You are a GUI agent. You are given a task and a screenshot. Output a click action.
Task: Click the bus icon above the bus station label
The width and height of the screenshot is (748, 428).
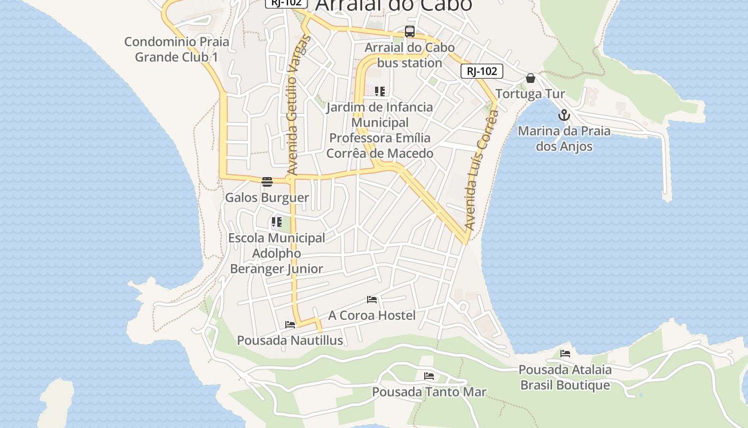coord(409,32)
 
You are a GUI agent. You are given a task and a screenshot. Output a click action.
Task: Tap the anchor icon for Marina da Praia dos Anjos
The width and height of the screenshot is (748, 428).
coord(564,115)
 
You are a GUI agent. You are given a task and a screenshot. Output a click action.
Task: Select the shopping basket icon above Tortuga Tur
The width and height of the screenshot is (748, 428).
coord(531,78)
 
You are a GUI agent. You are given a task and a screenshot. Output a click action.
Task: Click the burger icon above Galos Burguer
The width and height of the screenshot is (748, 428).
coord(267,182)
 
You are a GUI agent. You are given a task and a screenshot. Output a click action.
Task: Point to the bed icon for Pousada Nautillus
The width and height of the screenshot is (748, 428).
coord(290,325)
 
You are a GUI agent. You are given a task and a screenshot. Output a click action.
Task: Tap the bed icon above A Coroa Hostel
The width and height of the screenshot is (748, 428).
coord(372,300)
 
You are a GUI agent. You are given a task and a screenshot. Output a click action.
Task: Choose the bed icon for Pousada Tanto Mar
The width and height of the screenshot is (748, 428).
coord(429,376)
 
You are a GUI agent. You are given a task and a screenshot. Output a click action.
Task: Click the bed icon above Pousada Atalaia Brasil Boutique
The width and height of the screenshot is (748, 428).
coord(565,354)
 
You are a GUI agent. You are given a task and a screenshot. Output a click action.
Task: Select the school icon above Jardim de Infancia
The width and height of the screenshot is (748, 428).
coord(380,91)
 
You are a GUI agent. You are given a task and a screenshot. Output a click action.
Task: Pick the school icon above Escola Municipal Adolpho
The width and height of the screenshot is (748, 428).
coord(277,221)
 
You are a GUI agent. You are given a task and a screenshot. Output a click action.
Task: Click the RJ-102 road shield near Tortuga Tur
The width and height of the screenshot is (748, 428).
coord(482,71)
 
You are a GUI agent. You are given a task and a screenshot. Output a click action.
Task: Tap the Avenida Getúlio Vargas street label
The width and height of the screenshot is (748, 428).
coord(292,105)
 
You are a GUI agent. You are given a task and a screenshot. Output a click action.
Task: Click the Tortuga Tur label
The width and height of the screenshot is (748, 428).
coord(530,94)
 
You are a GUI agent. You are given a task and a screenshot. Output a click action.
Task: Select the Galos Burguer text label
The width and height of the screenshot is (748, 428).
coord(267,197)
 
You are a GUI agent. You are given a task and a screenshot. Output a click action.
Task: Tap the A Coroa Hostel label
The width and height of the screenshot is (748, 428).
coord(372,315)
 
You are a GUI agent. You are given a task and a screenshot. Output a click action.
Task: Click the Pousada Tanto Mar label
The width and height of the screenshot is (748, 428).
coord(429,392)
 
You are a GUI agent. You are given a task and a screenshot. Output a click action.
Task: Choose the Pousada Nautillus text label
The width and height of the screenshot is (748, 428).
coord(290,340)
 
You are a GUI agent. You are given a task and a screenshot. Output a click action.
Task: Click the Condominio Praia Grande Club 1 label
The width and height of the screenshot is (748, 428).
coord(176,49)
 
